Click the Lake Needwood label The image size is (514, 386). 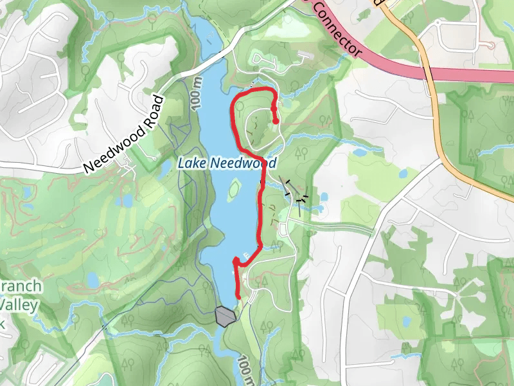[222, 163]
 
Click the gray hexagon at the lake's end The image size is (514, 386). [224, 317]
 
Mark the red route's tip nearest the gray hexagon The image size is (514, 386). [238, 296]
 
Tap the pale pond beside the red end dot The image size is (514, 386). [287, 102]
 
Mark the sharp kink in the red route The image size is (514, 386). [236, 260]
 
